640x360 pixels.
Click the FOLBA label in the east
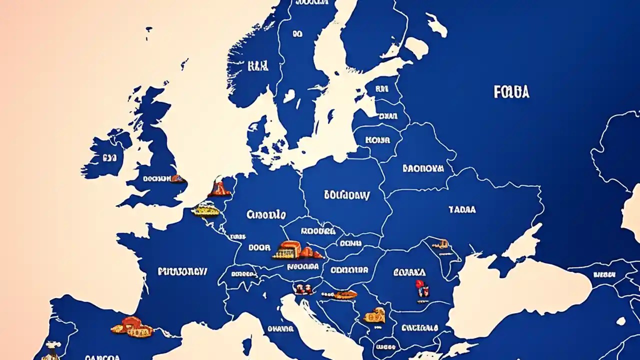511,91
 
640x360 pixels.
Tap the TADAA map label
462,209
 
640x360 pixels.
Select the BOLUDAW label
346,195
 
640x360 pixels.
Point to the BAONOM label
423,168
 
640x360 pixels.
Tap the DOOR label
259,247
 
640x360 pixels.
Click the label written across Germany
266,215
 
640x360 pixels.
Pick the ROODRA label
317,231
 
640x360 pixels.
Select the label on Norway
257,65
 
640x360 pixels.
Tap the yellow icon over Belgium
205,208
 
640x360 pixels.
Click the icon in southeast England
176,178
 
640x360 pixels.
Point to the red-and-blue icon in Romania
419,286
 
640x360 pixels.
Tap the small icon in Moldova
439,244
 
